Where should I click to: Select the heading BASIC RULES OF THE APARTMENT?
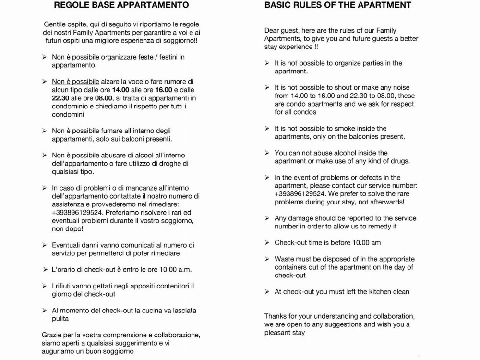click(338, 5)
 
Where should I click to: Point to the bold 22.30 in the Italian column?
click(61, 98)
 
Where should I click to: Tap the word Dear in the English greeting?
click(272, 31)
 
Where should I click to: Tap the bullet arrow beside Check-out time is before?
click(267, 243)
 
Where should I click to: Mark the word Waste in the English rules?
click(284, 259)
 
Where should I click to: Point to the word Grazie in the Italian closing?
click(52, 335)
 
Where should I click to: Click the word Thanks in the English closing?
click(275, 316)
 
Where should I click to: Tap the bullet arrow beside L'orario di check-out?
click(45, 270)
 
